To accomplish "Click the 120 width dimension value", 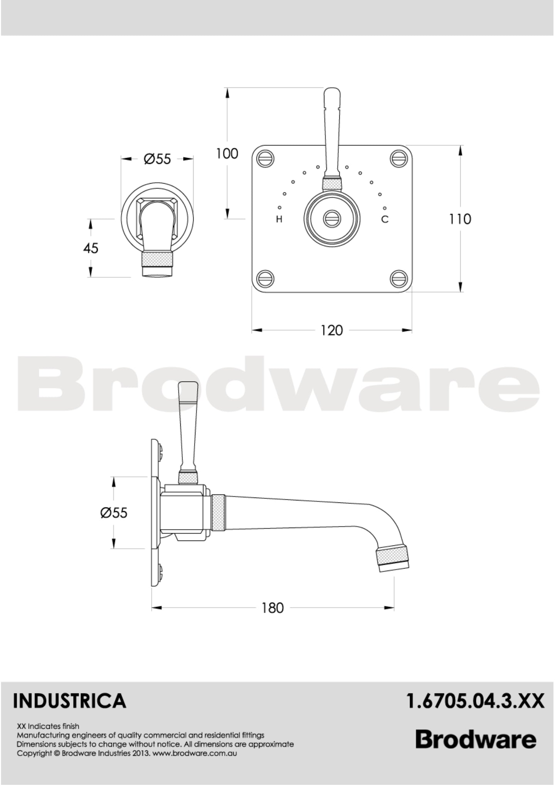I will click(331, 330).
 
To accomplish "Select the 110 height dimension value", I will click(460, 219).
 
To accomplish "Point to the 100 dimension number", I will click(227, 154).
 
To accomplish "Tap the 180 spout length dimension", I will click(272, 608).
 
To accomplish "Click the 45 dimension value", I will click(91, 248).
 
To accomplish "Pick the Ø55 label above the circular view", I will click(157, 159).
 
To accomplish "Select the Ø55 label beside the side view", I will click(114, 512).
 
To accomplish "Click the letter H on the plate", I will click(279, 219).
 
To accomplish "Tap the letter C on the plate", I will click(385, 219).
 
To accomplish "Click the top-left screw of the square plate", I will click(266, 158).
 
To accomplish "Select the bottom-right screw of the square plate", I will click(399, 278).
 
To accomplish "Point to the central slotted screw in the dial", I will click(332, 219).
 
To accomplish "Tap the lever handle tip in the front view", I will click(332, 96).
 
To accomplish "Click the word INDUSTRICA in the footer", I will click(70, 701).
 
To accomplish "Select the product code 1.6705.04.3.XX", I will click(475, 701).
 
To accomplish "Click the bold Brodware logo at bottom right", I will click(476, 740).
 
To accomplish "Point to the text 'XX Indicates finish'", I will click(48, 726).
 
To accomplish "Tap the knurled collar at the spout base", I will click(218, 512).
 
